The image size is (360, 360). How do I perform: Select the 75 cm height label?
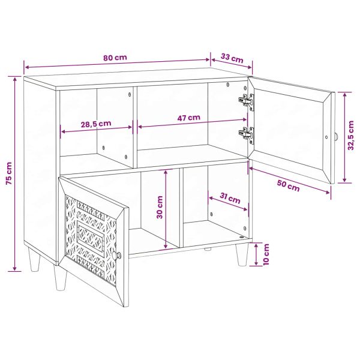tap(8, 173)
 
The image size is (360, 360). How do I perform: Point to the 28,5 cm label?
tap(95, 124)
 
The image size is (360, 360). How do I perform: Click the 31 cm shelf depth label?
tap(230, 199)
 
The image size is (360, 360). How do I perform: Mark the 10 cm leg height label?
tap(266, 255)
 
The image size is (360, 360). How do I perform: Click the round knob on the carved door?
tap(118, 257)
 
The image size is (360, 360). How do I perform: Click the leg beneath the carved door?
tap(59, 281)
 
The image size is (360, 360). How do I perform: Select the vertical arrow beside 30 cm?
tap(167, 209)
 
